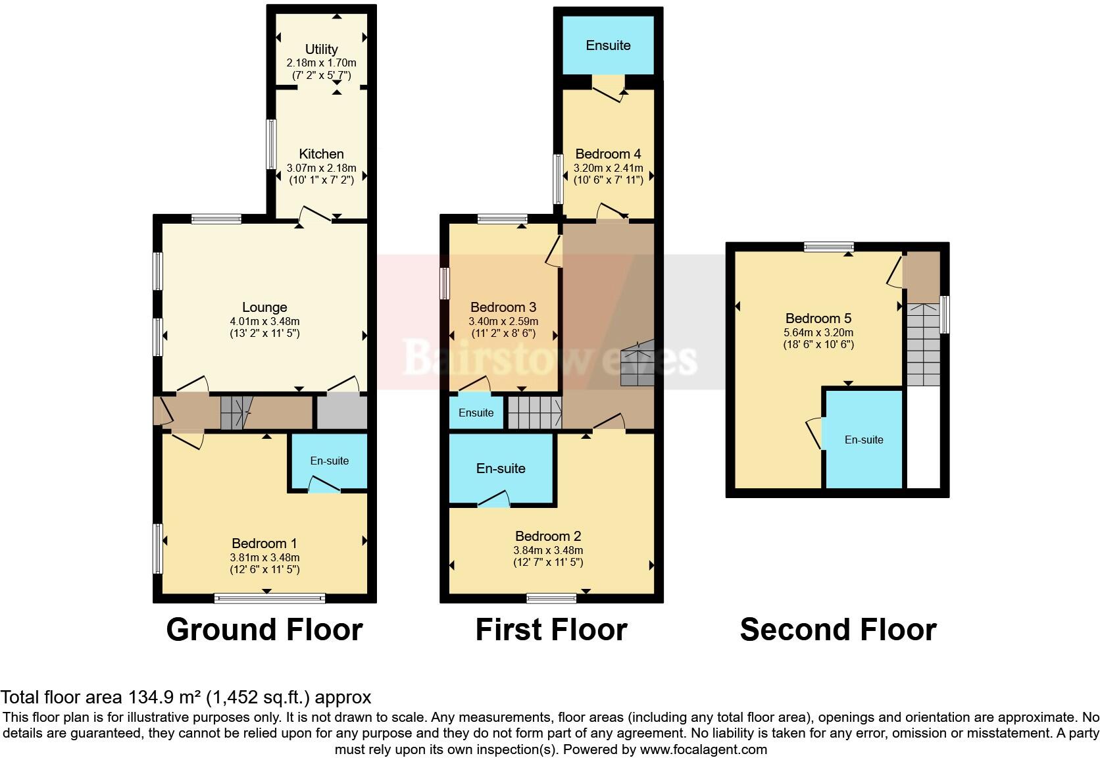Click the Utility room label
(x=321, y=49)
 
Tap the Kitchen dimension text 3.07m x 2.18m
(x=321, y=168)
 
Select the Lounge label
(x=264, y=307)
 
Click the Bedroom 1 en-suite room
(x=329, y=461)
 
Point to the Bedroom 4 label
(x=608, y=154)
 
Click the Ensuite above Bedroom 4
(x=608, y=45)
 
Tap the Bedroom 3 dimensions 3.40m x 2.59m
(x=503, y=322)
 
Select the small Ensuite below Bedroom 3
(x=476, y=413)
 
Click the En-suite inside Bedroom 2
(x=501, y=468)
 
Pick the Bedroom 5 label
(x=813, y=318)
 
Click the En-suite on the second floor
(x=864, y=440)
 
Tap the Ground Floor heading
(x=264, y=630)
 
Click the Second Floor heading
(x=838, y=630)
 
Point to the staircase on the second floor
(x=923, y=345)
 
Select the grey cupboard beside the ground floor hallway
(x=341, y=412)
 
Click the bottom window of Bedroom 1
(x=269, y=598)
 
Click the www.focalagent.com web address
(x=703, y=749)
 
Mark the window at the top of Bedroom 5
(x=828, y=247)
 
